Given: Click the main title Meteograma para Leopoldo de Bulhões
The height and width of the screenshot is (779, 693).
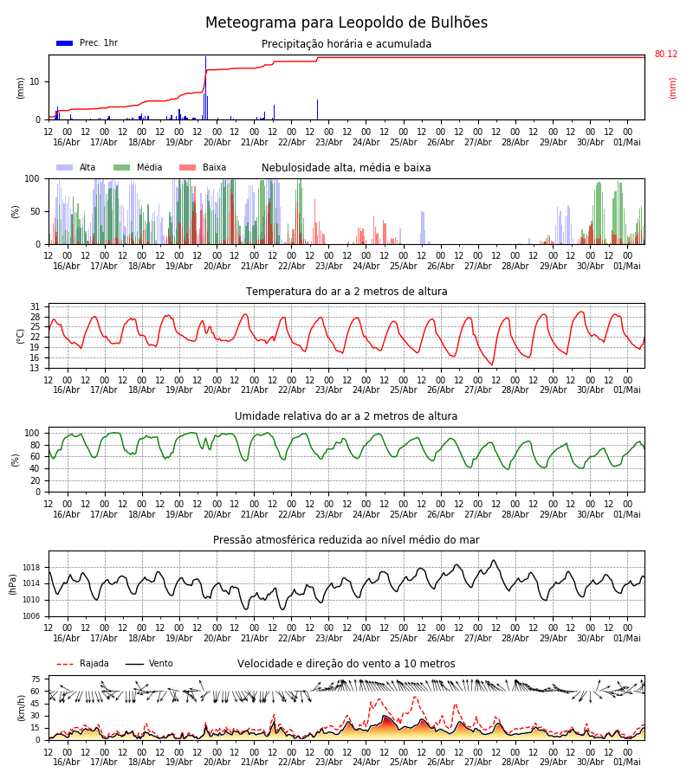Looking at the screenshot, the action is [346, 23].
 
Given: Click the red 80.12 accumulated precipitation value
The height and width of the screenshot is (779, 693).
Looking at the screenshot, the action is [666, 55].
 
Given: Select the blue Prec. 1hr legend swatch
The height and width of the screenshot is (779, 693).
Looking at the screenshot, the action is [65, 43].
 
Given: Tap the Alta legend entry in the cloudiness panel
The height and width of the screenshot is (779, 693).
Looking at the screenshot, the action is [76, 167].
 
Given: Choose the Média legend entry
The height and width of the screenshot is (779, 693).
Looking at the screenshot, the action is [138, 167].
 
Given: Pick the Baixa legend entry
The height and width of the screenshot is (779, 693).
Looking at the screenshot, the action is [203, 167].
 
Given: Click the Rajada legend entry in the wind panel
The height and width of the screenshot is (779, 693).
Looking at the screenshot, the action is [82, 664].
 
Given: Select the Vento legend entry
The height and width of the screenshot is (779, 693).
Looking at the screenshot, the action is [149, 664].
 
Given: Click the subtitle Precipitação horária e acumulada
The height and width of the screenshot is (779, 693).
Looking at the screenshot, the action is [346, 44].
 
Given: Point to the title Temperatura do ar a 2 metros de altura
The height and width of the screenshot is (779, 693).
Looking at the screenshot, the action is [346, 292].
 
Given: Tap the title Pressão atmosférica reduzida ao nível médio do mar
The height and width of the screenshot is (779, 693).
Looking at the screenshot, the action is [346, 540].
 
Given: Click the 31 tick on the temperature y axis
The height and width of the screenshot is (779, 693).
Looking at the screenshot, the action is [35, 307].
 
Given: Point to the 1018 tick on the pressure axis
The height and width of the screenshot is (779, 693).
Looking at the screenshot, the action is [32, 568].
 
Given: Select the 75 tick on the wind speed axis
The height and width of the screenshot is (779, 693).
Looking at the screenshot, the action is [35, 679].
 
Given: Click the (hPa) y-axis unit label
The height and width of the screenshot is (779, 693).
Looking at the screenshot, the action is [13, 585].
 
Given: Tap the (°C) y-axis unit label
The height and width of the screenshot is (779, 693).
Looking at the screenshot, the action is [21, 337].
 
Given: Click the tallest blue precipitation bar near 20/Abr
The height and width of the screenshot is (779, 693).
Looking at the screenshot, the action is [206, 88].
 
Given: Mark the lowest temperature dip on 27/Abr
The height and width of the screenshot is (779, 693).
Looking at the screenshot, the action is [492, 364].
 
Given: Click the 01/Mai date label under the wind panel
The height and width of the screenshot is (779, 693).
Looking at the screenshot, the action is [627, 763].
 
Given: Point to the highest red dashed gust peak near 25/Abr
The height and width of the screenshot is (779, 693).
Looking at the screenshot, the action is [416, 698].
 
